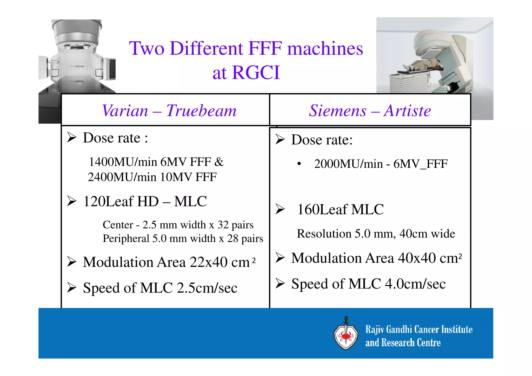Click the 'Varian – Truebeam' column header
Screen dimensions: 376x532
(169, 111)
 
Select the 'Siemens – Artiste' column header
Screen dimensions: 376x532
(370, 111)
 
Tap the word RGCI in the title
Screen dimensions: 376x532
(256, 72)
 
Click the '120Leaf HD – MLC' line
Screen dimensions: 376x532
(145, 201)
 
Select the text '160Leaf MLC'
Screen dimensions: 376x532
(340, 209)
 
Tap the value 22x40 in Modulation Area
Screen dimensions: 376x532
(209, 262)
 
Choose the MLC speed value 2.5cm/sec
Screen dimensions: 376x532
(207, 288)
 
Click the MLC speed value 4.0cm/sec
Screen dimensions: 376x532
(415, 284)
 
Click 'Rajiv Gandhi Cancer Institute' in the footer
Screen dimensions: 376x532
(419, 329)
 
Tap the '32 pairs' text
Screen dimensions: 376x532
(235, 225)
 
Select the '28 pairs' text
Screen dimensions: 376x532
(245, 239)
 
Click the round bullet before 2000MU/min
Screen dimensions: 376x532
(299, 164)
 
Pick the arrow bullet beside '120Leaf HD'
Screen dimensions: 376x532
(71, 201)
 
